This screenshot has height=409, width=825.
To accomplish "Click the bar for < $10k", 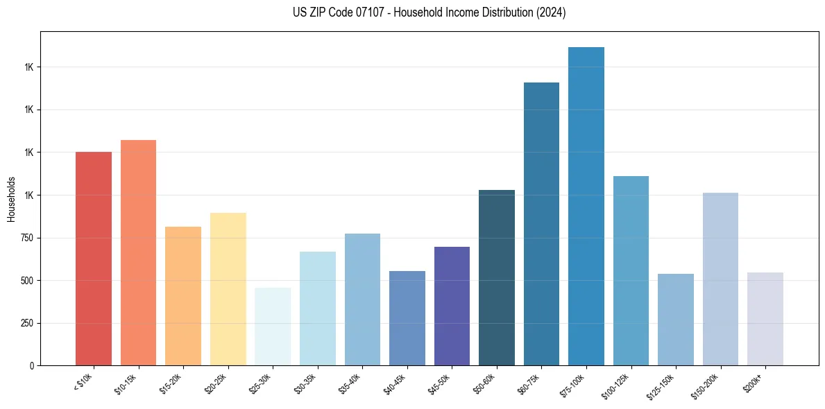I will pyautogui.click(x=94, y=259).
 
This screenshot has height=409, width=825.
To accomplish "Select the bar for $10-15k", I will pyautogui.click(x=138, y=252).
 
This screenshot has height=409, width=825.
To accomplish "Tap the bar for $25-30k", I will pyautogui.click(x=273, y=327).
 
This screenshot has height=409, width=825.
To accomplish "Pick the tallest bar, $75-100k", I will pyautogui.click(x=586, y=206).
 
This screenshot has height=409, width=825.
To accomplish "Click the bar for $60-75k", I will pyautogui.click(x=541, y=224).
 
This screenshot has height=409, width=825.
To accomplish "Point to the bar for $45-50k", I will pyautogui.click(x=452, y=306).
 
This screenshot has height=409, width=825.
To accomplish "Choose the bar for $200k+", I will pyautogui.click(x=765, y=319).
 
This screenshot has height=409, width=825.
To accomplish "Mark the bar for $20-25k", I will pyautogui.click(x=228, y=289).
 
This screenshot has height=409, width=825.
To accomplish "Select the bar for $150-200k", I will pyautogui.click(x=720, y=279).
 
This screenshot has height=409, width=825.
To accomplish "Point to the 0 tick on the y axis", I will pyautogui.click(x=32, y=366).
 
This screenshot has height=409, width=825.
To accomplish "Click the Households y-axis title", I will pyautogui.click(x=11, y=199).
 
